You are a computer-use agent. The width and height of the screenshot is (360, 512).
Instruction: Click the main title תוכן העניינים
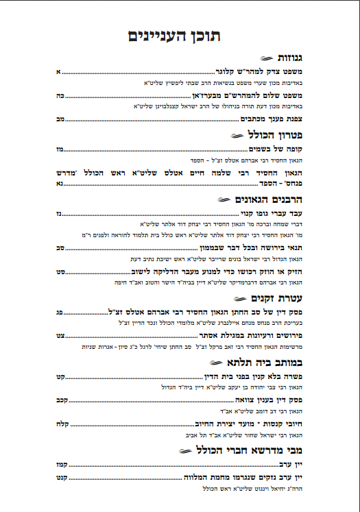(180, 36)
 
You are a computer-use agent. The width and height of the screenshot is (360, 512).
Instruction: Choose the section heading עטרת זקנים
(278, 298)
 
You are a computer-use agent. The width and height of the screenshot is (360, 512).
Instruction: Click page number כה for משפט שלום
(60, 95)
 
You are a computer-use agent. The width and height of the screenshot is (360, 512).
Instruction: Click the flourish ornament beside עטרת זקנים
(241, 299)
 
